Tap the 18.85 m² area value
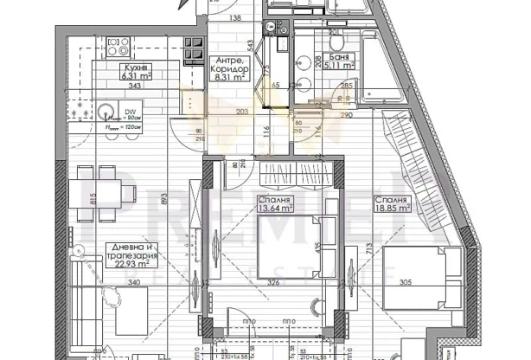(x=393, y=208)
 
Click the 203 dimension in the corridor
(x=243, y=113)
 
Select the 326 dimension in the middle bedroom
(x=273, y=281)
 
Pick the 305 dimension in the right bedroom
(x=406, y=281)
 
